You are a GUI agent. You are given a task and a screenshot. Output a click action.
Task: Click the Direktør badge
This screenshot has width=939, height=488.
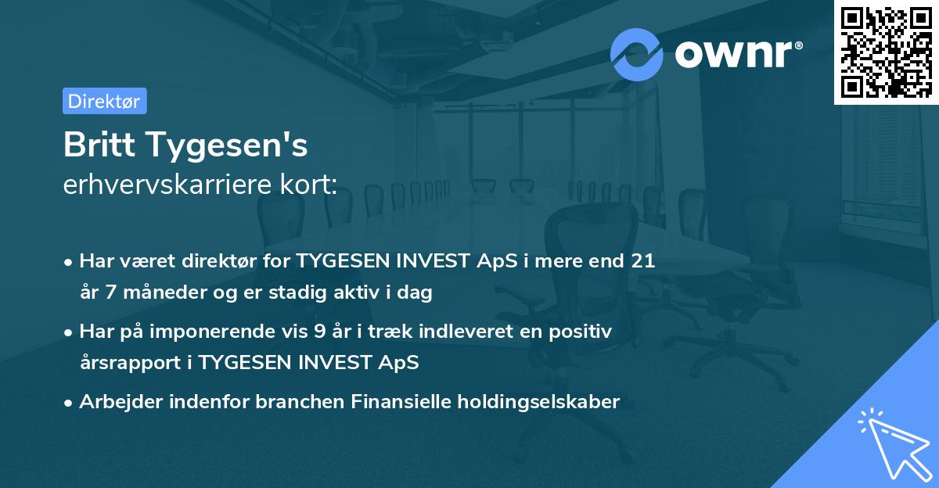pyautogui.click(x=104, y=101)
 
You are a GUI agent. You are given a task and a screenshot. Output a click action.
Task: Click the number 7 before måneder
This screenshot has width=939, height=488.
pyautogui.click(x=110, y=293)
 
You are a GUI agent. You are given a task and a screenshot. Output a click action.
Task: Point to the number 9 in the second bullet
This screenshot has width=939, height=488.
pyautogui.click(x=319, y=332)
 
